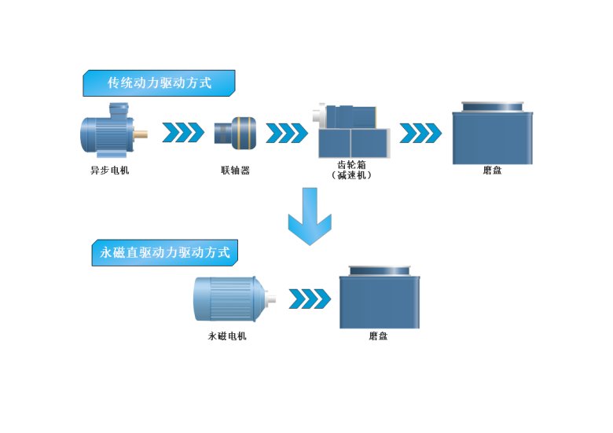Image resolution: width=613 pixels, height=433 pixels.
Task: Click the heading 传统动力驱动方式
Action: (x=159, y=83)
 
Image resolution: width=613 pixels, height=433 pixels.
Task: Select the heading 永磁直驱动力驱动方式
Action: (x=165, y=253)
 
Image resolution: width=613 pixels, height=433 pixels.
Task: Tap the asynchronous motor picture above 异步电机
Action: (x=109, y=131)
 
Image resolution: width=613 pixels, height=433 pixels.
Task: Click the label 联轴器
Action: (x=235, y=170)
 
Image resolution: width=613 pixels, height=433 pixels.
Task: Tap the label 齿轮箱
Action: (x=351, y=165)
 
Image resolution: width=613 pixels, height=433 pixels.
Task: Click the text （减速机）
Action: (x=351, y=175)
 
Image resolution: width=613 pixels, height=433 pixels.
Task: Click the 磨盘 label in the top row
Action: (x=492, y=170)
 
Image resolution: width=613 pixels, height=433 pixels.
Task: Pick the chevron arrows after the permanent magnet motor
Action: (x=309, y=299)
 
